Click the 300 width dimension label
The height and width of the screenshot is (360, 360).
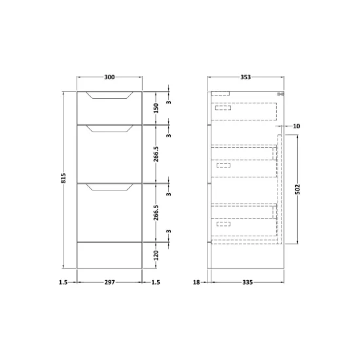tap(109, 77)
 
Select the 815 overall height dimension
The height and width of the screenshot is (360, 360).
tap(63, 178)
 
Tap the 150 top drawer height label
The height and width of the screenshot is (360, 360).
tap(156, 108)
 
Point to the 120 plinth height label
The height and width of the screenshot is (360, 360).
tap(156, 255)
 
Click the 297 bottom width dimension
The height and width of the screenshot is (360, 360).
tap(109, 282)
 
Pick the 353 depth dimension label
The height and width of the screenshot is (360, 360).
tap(245, 77)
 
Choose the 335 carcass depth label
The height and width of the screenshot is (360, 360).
tap(247, 282)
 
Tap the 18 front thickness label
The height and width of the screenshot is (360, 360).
tap(196, 282)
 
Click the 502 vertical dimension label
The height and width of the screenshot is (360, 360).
tap(297, 189)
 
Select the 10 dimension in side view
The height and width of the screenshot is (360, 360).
tap(297, 126)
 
